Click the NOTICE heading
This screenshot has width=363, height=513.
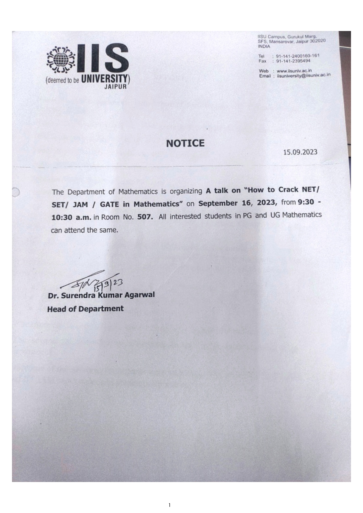(185, 143)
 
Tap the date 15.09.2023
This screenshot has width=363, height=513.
(300, 152)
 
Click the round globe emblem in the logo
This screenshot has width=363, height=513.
(61, 60)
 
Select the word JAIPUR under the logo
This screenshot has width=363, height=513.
(116, 87)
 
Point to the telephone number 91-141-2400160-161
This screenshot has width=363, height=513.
(297, 56)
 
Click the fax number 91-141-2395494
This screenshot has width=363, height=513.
(293, 61)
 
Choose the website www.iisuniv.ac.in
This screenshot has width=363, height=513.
(294, 71)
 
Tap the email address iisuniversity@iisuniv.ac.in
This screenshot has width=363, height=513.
(304, 75)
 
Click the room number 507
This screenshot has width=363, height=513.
(145, 217)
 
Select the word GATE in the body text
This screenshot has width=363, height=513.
(109, 204)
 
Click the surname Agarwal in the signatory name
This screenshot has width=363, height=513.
(140, 295)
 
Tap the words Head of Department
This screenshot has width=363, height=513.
(85, 309)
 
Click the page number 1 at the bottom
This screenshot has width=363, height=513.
(169, 505)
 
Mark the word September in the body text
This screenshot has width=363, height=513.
(218, 203)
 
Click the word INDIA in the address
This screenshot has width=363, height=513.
(264, 46)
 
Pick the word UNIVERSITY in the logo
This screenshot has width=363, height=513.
(104, 79)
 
